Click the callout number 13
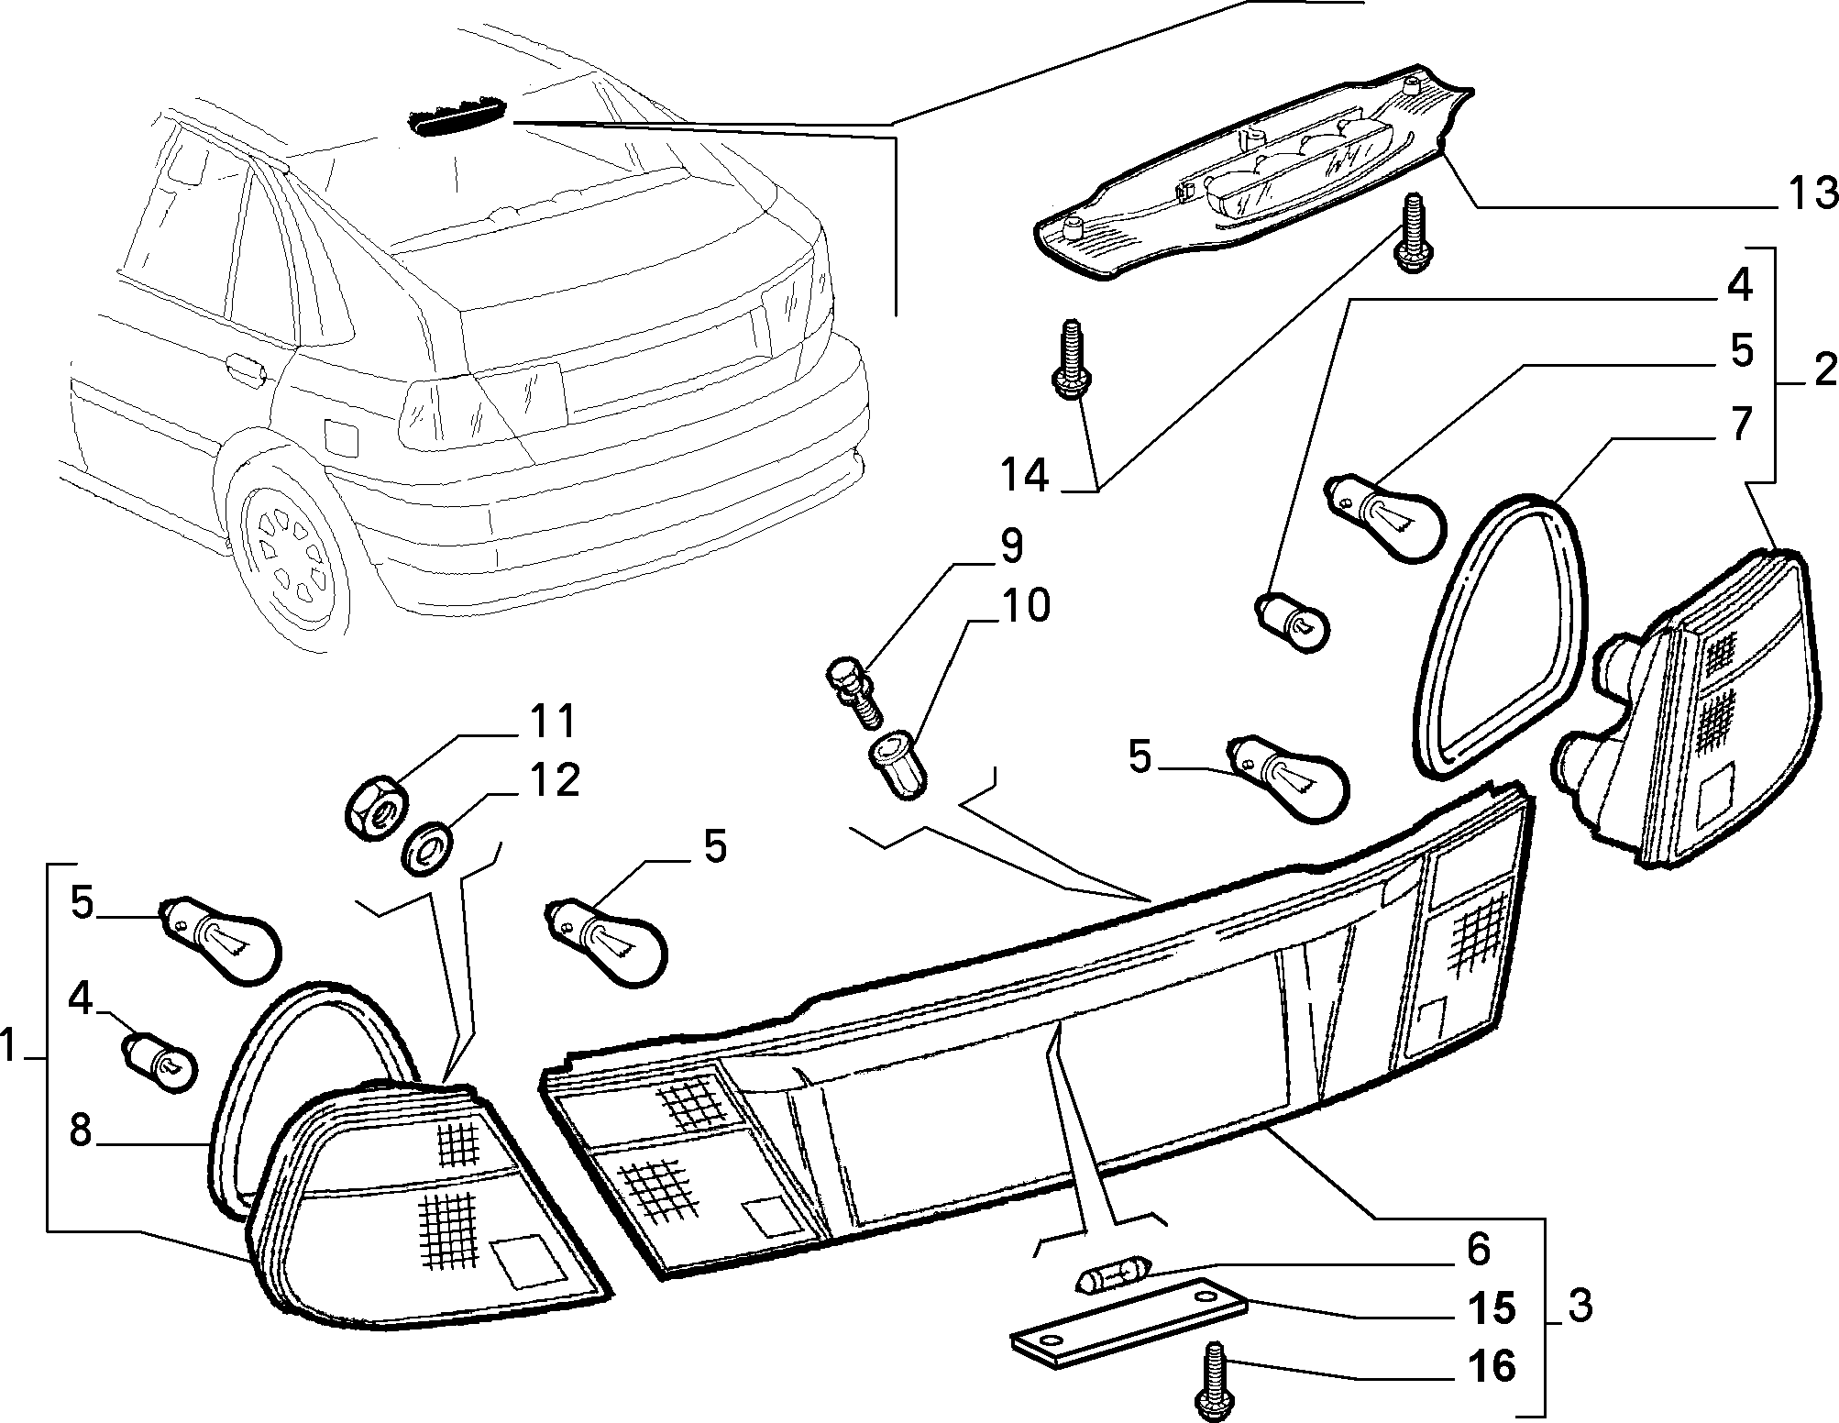[1802, 196]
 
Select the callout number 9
[1008, 546]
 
